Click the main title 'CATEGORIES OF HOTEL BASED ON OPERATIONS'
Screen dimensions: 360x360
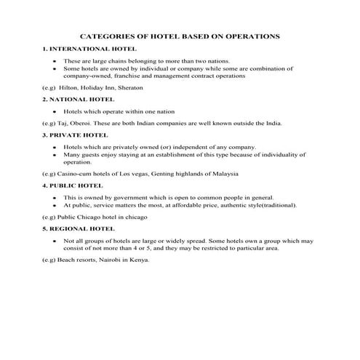(x=180, y=36)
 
